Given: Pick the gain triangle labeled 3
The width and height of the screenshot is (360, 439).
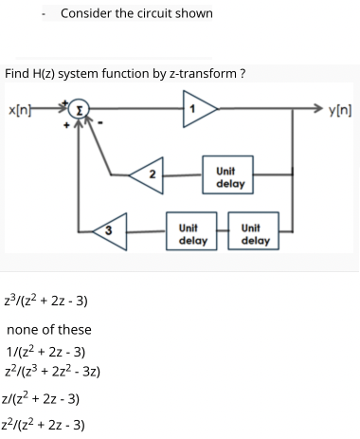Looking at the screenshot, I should pos(110,229).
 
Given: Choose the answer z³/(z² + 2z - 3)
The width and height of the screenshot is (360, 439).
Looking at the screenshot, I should pos(47,301).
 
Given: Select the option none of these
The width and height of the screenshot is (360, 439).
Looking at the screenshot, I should pos(49,329).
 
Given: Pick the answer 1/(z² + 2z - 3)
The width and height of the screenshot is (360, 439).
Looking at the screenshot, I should pos(47,351).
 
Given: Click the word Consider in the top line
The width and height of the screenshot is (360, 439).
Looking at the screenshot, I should pos(86,13).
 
